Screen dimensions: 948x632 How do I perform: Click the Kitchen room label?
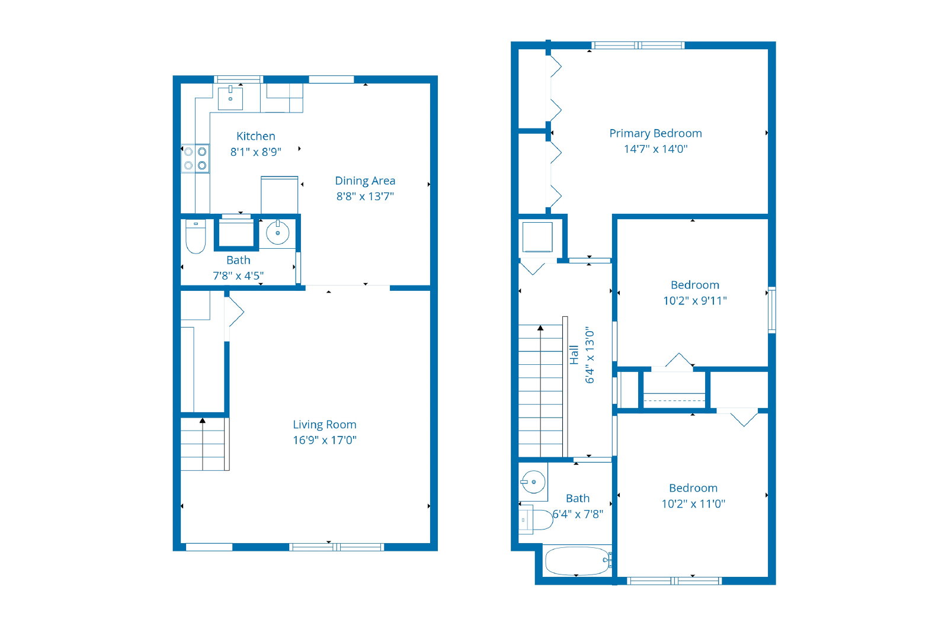tap(255, 136)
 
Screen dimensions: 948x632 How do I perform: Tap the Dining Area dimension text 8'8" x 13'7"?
tap(365, 196)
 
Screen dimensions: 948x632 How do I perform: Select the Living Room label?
tap(325, 424)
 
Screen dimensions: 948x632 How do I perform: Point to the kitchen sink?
tap(230, 98)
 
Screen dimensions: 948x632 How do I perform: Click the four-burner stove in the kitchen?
tap(195, 158)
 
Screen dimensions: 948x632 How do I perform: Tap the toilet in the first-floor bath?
tap(196, 236)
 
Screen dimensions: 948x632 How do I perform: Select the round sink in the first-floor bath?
tap(278, 232)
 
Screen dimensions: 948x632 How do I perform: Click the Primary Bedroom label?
tap(655, 133)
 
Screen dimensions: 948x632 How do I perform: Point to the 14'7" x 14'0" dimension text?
tap(655, 149)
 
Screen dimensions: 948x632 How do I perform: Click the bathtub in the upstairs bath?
tap(578, 561)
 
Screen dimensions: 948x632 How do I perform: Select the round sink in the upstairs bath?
tap(533, 482)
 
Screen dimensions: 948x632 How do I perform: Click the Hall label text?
tap(574, 355)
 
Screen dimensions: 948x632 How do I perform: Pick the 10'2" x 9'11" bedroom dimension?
tap(695, 301)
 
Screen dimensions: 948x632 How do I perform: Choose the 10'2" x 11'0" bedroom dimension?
tap(693, 504)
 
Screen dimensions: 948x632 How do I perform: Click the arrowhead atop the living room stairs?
tap(203, 421)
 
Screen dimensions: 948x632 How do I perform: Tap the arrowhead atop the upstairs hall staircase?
tap(540, 328)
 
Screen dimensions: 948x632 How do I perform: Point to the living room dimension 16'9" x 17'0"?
tap(325, 440)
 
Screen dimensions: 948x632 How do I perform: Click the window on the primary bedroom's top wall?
tap(638, 45)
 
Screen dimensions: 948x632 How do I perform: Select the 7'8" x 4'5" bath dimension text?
tap(238, 276)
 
